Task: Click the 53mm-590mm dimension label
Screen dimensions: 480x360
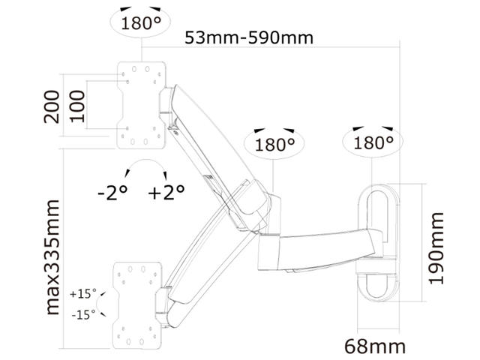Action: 249,38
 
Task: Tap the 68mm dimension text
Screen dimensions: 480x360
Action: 375,346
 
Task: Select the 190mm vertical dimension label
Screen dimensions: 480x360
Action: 436,248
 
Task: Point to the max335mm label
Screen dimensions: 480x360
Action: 52,257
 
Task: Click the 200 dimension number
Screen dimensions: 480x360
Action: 52,106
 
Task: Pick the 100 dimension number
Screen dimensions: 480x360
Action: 76,106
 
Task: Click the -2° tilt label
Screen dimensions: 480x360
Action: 112,193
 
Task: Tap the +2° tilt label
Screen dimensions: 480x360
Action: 166,193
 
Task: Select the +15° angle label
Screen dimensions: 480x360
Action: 83,294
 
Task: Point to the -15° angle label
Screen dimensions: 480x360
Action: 83,314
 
